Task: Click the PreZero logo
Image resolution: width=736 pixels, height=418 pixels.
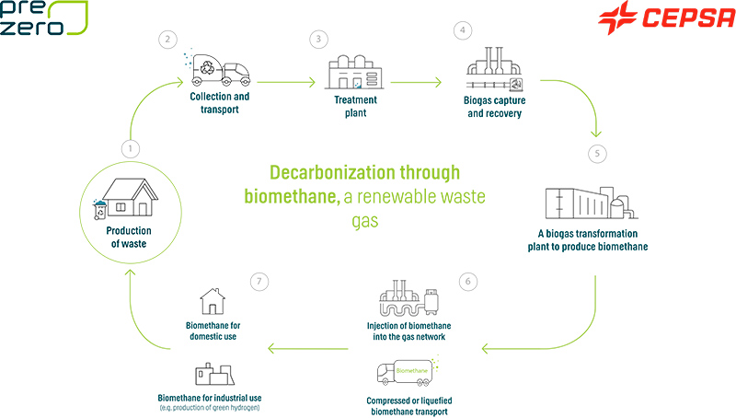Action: pos(44,18)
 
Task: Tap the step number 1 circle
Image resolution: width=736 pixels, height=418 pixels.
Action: pos(132,147)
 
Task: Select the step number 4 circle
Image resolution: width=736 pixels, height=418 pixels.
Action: pos(463,30)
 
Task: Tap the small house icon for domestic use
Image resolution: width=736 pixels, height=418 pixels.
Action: pos(213,301)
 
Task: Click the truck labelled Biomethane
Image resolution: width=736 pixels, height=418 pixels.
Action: pos(406,374)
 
